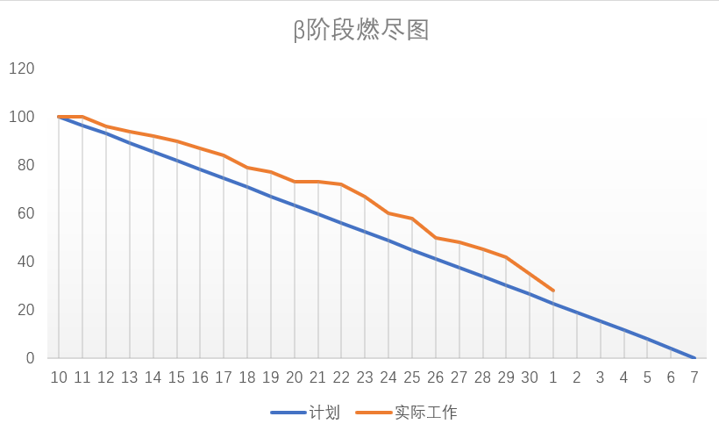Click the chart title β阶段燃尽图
[x=360, y=31]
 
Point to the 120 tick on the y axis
[x=22, y=68]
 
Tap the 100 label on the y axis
[x=22, y=117]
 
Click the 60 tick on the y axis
[x=25, y=213]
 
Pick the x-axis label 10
[x=59, y=377]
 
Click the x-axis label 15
[x=177, y=377]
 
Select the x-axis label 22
[x=342, y=377]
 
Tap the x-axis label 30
[x=530, y=377]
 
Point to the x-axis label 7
[x=694, y=377]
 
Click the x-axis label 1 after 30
[x=553, y=377]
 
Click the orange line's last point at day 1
[x=553, y=291]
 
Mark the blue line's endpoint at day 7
[x=694, y=358]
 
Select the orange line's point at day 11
[x=82, y=116]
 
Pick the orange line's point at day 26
[x=436, y=238]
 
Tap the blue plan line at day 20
[x=295, y=205]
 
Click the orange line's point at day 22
[x=342, y=184]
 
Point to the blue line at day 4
[x=624, y=331]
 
